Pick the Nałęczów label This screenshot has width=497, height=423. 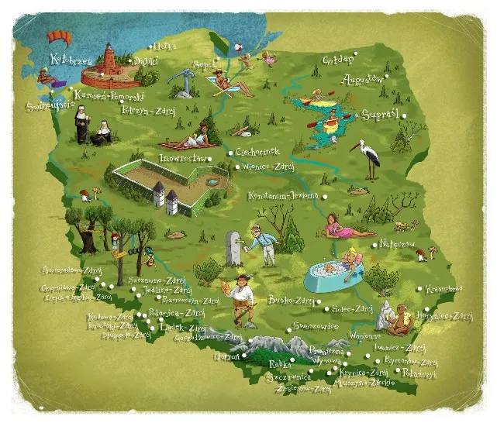[398, 242]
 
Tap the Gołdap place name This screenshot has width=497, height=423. [338, 60]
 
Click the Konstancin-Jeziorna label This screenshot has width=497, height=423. [284, 196]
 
